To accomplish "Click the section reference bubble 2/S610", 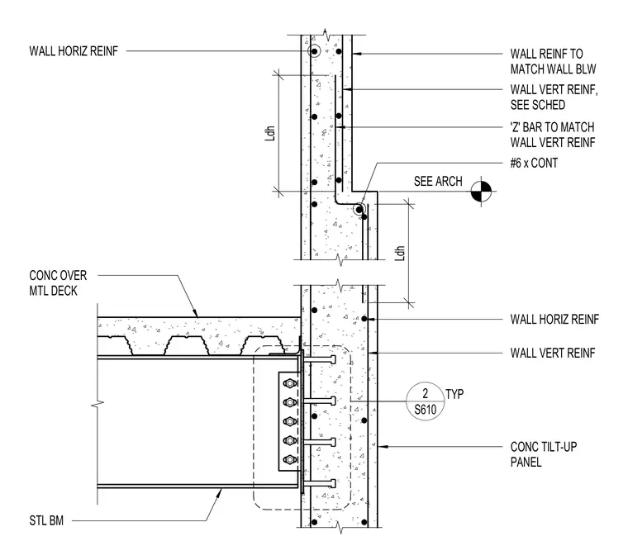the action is [425, 401].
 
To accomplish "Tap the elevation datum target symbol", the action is [481, 192].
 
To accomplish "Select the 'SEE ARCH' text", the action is [438, 182].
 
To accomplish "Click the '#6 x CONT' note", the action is [534, 163].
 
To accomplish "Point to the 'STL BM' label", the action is [46, 521].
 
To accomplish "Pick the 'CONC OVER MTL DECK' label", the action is [58, 283].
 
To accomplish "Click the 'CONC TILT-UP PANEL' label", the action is [544, 454].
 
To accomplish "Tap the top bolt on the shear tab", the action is [289, 383].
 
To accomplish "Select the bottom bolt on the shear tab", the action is [289, 460].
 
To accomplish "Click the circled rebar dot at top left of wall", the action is [314, 51].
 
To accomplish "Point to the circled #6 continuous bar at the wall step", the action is [359, 209].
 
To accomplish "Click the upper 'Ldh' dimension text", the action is [271, 133].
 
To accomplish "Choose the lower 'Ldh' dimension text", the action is [400, 254].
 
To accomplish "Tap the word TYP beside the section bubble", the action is [454, 394].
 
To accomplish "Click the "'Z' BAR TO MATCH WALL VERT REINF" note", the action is [553, 135].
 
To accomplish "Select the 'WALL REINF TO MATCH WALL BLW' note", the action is [553, 61].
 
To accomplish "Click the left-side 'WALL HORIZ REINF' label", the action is [74, 51].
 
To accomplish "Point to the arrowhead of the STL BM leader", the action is [220, 491].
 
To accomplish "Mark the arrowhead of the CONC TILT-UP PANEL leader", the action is [380, 446].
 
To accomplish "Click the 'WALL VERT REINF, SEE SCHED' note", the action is [554, 97].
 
